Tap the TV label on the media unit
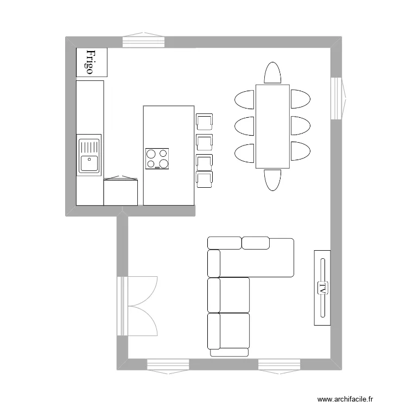click(322, 288)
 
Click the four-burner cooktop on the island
click(157, 158)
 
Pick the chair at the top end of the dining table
click(272, 73)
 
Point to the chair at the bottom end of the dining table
click(272, 180)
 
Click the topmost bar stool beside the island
click(204, 122)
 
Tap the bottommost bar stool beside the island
click(204, 179)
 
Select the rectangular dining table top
click(272, 126)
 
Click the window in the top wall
click(143, 41)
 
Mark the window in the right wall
click(338, 98)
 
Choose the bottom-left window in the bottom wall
click(168, 365)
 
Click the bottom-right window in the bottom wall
click(279, 365)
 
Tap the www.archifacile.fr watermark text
click(345, 399)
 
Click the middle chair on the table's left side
click(245, 126)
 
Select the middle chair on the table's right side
click(300, 126)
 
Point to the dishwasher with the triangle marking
click(120, 191)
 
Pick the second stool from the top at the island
click(204, 142)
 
